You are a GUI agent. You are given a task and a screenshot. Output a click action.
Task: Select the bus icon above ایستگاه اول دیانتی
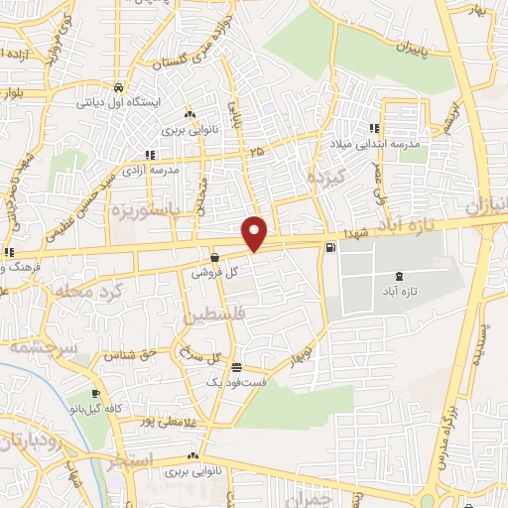pyautogui.click(x=118, y=86)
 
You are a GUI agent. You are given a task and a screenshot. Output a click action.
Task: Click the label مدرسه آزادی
pyautogui.click(x=152, y=171)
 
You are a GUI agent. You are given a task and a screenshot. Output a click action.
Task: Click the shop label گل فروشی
pyautogui.click(x=213, y=271)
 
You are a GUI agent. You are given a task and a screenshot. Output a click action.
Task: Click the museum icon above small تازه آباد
pyautogui.click(x=399, y=276)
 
